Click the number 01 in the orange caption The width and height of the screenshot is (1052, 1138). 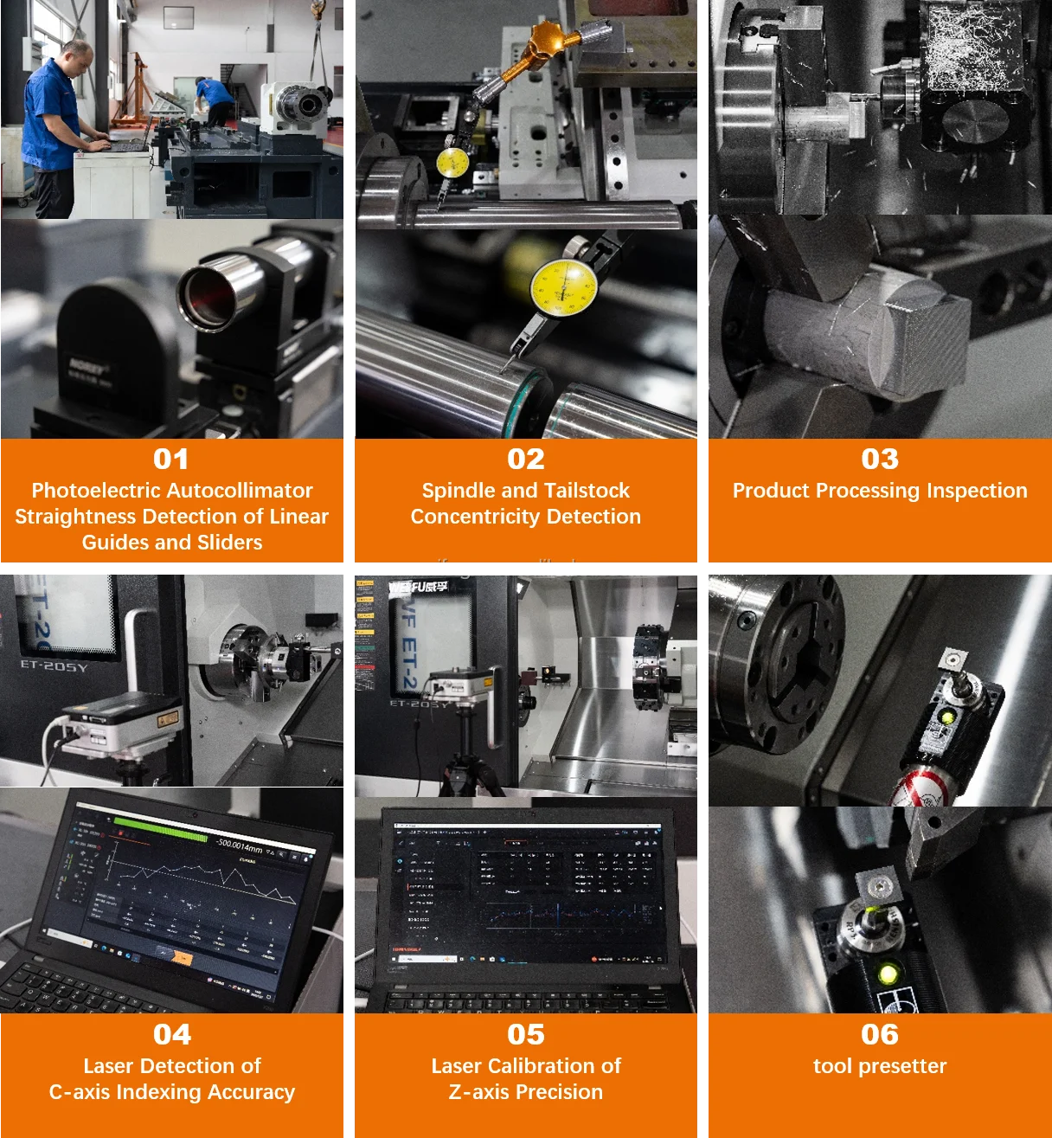click(171, 459)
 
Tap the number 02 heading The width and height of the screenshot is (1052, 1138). click(526, 459)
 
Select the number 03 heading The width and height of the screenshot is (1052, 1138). click(880, 459)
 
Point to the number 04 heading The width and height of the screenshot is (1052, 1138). click(172, 1034)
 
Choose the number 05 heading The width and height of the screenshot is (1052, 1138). click(526, 1034)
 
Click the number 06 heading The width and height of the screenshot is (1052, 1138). click(880, 1034)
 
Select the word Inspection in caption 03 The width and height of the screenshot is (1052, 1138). click(977, 491)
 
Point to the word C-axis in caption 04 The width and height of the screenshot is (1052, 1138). click(80, 1092)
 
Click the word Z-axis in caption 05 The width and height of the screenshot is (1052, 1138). click(479, 1092)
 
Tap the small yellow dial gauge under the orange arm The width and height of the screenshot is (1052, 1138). click(452, 163)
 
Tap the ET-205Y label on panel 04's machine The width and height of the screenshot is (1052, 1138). click(54, 666)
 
